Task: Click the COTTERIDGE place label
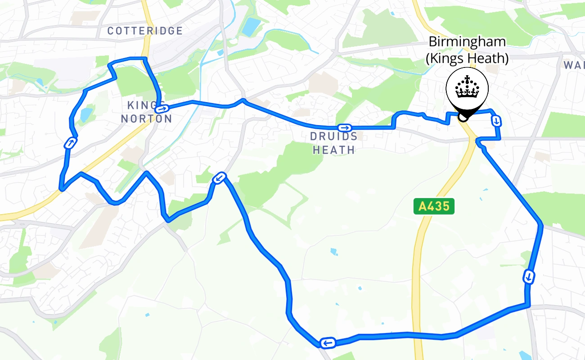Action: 145,31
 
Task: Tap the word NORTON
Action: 146,119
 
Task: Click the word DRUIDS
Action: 334,137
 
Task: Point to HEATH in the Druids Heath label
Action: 334,150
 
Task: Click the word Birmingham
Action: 467,42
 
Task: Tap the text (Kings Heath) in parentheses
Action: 467,58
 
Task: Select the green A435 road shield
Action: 434,207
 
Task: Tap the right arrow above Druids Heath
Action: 345,128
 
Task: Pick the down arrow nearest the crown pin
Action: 496,121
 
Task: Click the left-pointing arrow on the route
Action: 327,343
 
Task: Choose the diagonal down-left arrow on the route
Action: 220,178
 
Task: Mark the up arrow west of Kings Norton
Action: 70,143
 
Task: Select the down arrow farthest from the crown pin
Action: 529,276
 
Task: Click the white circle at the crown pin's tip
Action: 462,118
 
